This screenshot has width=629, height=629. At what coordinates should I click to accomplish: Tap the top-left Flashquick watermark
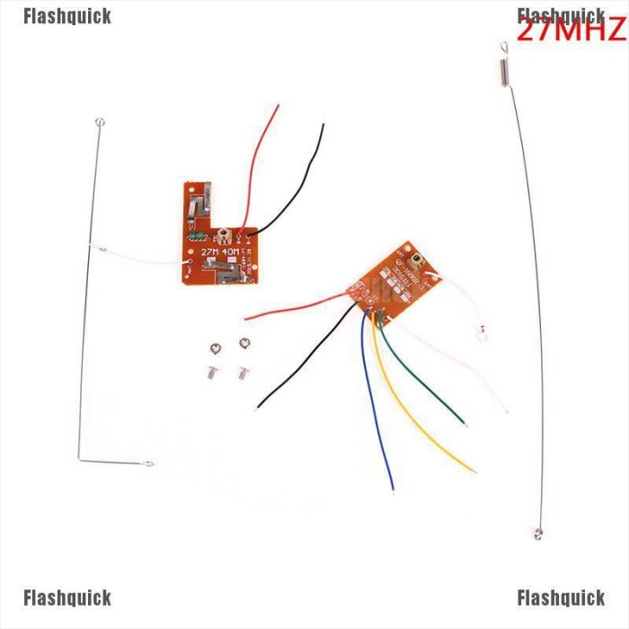coord(67,16)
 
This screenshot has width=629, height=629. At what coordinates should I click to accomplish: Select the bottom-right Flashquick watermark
coord(561,598)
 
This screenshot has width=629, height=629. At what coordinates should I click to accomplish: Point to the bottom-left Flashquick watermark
coord(67,598)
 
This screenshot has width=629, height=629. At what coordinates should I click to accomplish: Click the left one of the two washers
coord(214,350)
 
